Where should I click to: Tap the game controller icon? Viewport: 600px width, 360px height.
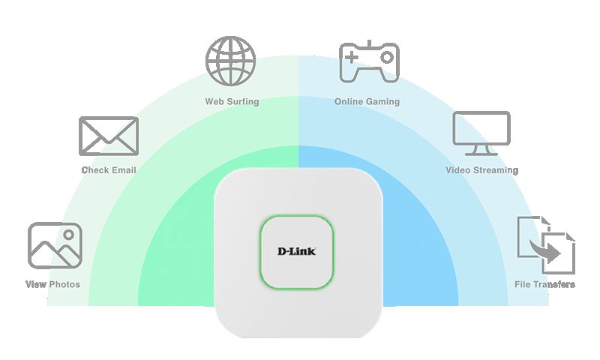pyautogui.click(x=368, y=61)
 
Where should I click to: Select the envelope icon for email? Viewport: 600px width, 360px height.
pyautogui.click(x=109, y=136)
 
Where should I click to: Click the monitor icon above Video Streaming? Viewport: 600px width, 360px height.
pyautogui.click(x=481, y=133)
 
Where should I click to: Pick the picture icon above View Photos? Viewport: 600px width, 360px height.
pyautogui.click(x=55, y=246)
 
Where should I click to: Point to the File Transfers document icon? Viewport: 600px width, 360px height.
pyautogui.click(x=545, y=246)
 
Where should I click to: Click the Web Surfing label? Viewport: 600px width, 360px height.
pyautogui.click(x=232, y=101)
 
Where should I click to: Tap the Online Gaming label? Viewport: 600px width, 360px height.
pyautogui.click(x=367, y=101)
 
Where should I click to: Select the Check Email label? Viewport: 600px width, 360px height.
pyautogui.click(x=109, y=170)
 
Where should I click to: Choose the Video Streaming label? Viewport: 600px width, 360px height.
pyautogui.click(x=481, y=170)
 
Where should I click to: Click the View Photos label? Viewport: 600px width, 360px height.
pyautogui.click(x=52, y=284)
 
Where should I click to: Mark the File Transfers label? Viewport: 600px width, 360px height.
pyautogui.click(x=544, y=284)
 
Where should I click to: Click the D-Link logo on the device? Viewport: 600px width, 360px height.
pyautogui.click(x=297, y=250)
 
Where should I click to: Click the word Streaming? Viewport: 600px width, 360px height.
pyautogui.click(x=496, y=170)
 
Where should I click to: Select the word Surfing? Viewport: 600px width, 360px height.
pyautogui.click(x=243, y=101)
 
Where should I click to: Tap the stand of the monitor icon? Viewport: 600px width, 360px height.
pyautogui.click(x=481, y=152)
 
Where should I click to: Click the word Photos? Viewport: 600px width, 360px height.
pyautogui.click(x=64, y=284)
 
